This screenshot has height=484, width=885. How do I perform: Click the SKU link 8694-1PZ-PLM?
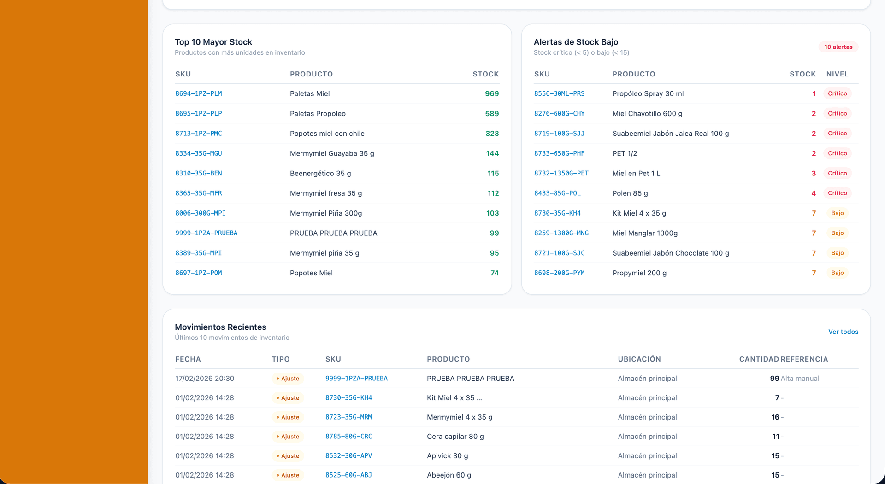pos(198,93)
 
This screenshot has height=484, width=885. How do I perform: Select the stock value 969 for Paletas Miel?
pos(491,93)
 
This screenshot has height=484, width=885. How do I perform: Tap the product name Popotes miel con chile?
pos(327,134)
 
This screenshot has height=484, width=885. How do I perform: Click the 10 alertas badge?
pos(838,47)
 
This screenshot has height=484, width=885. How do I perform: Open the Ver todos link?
pos(843,332)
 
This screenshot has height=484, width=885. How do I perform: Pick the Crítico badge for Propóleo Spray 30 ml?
pos(837,93)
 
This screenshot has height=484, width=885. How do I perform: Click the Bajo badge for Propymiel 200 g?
pos(837,273)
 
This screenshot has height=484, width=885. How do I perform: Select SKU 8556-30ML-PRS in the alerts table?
pos(559,93)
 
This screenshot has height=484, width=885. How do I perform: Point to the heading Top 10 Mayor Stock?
pos(213,42)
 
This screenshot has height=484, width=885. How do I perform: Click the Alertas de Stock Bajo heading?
pos(576,42)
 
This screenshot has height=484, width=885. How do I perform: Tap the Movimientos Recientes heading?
pos(220,327)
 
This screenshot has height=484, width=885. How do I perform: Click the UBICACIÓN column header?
pos(639,359)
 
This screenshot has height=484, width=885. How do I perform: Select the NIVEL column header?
pos(837,74)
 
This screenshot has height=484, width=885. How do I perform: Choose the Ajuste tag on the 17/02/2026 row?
pos(288,379)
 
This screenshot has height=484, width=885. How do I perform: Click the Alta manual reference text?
pos(800,379)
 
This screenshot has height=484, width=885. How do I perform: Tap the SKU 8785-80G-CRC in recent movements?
pos(348,437)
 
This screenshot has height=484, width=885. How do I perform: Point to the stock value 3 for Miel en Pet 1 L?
pos(814,174)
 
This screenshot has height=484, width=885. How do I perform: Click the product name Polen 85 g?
pos(630,193)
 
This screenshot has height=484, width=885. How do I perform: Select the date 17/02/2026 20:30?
pos(205,379)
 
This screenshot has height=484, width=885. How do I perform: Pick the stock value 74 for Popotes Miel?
pos(494,273)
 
